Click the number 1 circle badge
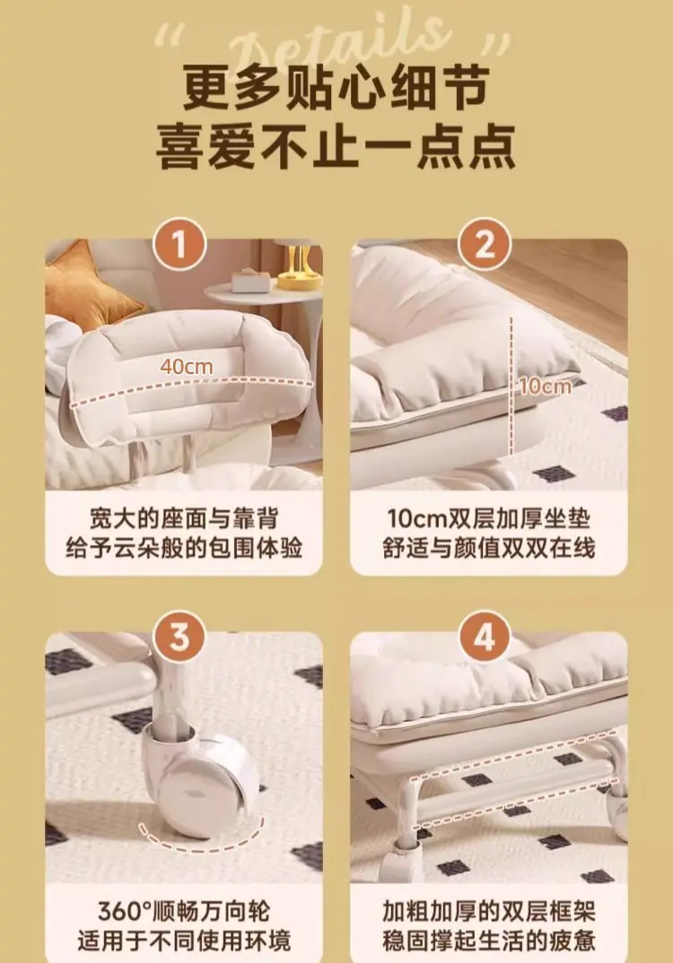[x=179, y=245]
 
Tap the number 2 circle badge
[x=485, y=245]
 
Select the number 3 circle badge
[x=179, y=638]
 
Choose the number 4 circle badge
[x=485, y=638]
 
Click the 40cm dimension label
[x=187, y=367]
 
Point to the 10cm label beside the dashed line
[x=546, y=386]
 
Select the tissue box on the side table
[x=250, y=282]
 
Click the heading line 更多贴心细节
[x=336, y=89]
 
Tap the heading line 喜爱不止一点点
[x=336, y=147]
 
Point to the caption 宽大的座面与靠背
[x=184, y=519]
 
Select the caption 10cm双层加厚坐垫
[x=489, y=519]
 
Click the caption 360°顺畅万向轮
[x=184, y=911]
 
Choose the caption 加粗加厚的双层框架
[x=489, y=911]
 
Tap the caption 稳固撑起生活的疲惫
[x=489, y=941]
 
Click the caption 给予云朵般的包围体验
[x=184, y=548]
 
